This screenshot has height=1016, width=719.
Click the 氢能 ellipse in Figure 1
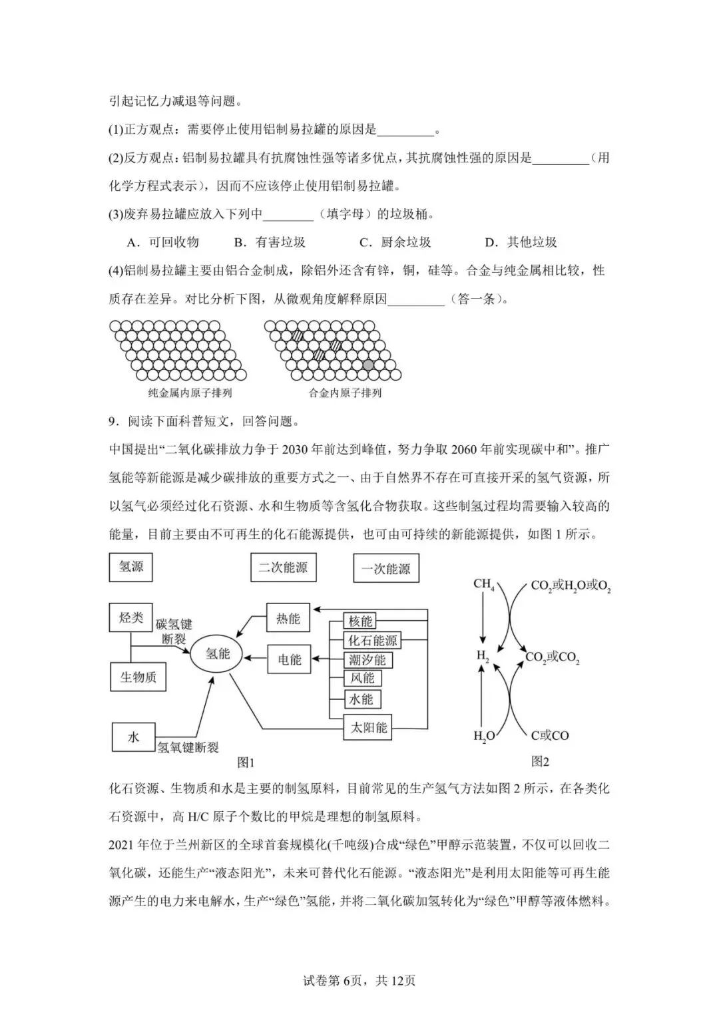pos(218,654)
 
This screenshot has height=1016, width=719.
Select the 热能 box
pos(288,619)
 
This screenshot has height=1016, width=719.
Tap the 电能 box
pos(289,660)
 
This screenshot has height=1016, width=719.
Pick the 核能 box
pos(360,621)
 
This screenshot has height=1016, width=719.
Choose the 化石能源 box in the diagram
pos(372,641)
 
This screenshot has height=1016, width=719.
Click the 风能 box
pos(362,679)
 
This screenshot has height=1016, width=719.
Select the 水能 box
pos(361,699)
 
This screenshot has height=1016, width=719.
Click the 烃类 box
pos(131,617)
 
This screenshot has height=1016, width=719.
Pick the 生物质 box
pos(138,677)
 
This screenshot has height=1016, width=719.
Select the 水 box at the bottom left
pos(133,737)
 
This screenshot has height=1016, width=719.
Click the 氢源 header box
pos(131,567)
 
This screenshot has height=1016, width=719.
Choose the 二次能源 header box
pos(283,568)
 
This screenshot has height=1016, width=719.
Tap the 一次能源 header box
pos(386,570)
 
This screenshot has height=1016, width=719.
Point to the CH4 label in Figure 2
pos(483,585)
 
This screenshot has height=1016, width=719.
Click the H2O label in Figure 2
pos(484,736)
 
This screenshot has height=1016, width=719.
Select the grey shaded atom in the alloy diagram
pos(368,365)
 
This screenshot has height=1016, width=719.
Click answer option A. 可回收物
pos(163,242)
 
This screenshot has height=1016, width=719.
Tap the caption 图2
pos(540,761)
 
